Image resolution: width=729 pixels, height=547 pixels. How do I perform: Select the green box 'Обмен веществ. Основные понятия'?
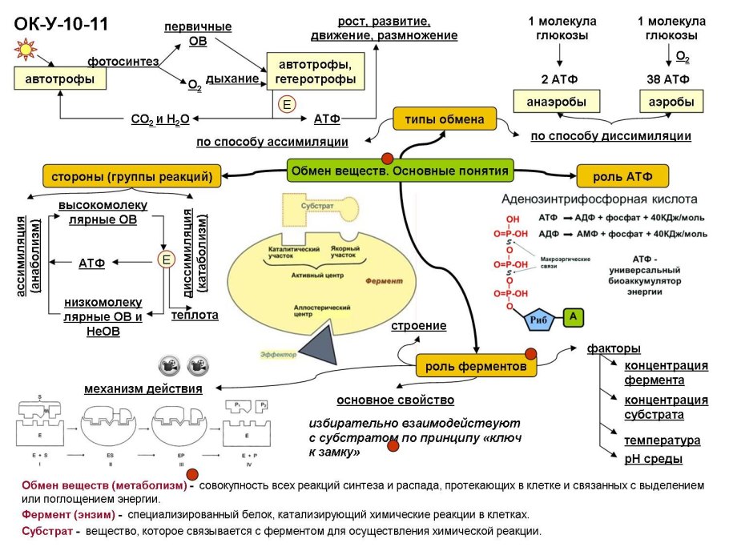400,171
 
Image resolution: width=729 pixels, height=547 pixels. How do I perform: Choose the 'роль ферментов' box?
476,366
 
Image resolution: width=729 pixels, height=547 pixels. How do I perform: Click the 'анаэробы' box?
555,103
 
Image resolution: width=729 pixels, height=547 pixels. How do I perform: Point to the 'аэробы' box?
671,103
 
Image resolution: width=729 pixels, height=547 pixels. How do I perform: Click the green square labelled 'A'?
573,318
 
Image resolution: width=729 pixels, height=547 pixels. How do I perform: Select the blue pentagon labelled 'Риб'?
538,320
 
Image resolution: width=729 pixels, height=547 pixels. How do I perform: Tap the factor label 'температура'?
662,440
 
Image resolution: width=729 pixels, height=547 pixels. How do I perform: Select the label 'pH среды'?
653,459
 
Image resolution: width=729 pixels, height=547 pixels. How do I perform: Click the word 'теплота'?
195,316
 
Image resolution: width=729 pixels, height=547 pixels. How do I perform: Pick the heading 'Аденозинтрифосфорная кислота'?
599,199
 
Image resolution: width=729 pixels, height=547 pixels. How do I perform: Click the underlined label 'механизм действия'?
143,389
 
